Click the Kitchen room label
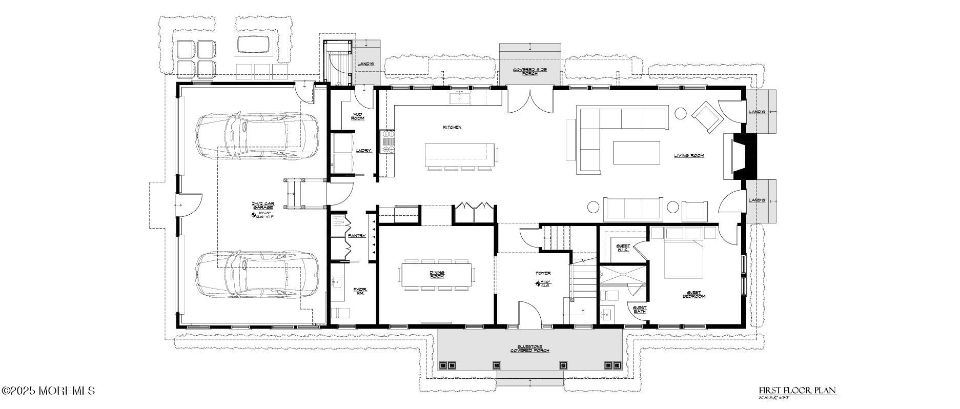(x=453, y=127)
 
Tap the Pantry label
(x=356, y=236)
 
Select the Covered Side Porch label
(x=530, y=71)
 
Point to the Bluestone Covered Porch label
(x=529, y=349)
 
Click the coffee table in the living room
(x=637, y=152)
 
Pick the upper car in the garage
(x=256, y=136)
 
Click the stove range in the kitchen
(x=388, y=142)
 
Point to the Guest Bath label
(x=639, y=309)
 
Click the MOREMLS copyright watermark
(x=48, y=391)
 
